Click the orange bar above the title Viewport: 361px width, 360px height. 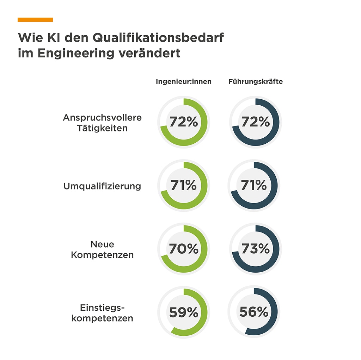pyautogui.click(x=35, y=20)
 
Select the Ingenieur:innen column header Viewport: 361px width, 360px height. pyautogui.click(x=184, y=82)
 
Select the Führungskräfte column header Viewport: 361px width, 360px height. pyautogui.click(x=256, y=82)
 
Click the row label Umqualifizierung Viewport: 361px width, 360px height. pyautogui.click(x=102, y=186)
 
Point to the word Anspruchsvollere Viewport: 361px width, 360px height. pyautogui.click(x=102, y=118)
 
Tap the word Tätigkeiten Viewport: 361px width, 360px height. pyautogui.click(x=102, y=128)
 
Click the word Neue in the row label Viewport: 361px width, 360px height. pyautogui.click(x=102, y=244)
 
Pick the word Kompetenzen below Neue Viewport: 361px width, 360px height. pyautogui.click(x=102, y=255)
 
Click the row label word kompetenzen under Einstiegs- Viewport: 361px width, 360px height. pyautogui.click(x=102, y=318)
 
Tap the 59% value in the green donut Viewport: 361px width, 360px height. pyautogui.click(x=184, y=312)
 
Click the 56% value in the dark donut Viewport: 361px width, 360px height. pyautogui.click(x=254, y=312)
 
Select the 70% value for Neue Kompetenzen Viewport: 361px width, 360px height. pyautogui.click(x=184, y=249)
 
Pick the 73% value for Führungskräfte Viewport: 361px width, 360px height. pyautogui.click(x=256, y=249)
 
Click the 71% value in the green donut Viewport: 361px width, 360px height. pyautogui.click(x=184, y=185)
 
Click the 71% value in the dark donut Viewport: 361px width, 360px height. pyautogui.click(x=254, y=185)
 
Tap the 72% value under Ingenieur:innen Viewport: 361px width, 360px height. pyautogui.click(x=184, y=122)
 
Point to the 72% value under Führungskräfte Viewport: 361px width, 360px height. pyautogui.click(x=256, y=122)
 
